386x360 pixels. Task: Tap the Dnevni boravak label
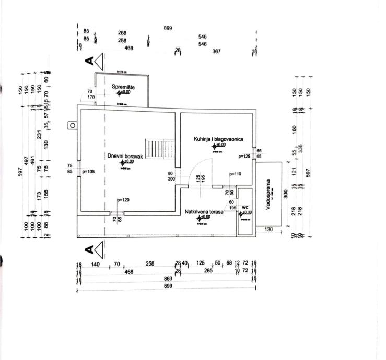click(125, 155)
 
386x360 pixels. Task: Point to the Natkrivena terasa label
click(204, 212)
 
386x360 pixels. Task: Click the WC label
click(245, 207)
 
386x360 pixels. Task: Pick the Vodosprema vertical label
click(267, 195)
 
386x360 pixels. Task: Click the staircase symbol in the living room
click(160, 150)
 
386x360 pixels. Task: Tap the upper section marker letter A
click(89, 61)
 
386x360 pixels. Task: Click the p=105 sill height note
click(87, 172)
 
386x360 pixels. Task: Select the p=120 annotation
click(123, 200)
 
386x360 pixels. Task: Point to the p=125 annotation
click(244, 156)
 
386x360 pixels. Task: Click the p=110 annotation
click(235, 174)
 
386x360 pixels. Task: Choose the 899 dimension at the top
click(168, 28)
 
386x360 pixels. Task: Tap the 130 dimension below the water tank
click(268, 229)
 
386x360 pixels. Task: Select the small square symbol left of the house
click(72, 125)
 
